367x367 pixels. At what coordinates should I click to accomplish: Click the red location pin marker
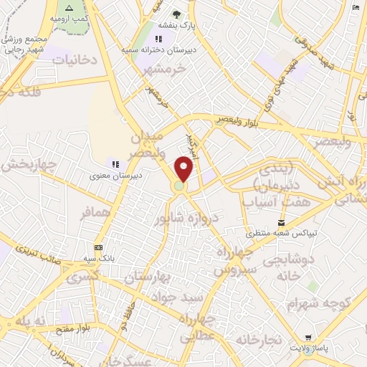pyautogui.click(x=184, y=168)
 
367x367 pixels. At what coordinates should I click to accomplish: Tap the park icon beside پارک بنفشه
pyautogui.click(x=177, y=14)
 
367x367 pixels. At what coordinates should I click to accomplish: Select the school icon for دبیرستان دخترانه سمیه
pyautogui.click(x=158, y=39)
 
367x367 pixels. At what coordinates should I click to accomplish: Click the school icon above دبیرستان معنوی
pyautogui.click(x=115, y=164)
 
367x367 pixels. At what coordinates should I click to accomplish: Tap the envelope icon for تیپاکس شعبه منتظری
pyautogui.click(x=281, y=223)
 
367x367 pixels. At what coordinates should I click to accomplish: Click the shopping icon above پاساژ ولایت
pyautogui.click(x=308, y=338)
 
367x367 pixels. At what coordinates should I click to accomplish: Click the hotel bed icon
pyautogui.click(x=356, y=7)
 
